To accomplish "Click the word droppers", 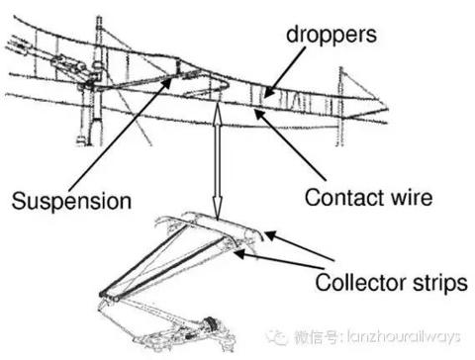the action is click(x=332, y=35).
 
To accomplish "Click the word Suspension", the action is click(x=71, y=201).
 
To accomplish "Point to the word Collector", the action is click(x=360, y=282).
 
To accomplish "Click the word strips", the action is click(x=440, y=283).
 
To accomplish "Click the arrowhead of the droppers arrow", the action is click(x=268, y=92).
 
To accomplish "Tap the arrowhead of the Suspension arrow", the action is click(x=167, y=82).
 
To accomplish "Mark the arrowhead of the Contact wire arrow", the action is click(x=260, y=115).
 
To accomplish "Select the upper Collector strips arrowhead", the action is click(x=270, y=235).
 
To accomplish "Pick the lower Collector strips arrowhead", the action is click(x=239, y=253).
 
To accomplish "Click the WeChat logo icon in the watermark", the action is click(x=276, y=337).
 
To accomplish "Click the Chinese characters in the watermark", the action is click(x=316, y=337).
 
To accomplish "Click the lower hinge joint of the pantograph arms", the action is click(x=109, y=296).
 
